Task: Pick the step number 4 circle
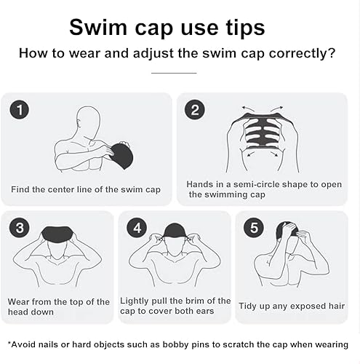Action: coord(137,229)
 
